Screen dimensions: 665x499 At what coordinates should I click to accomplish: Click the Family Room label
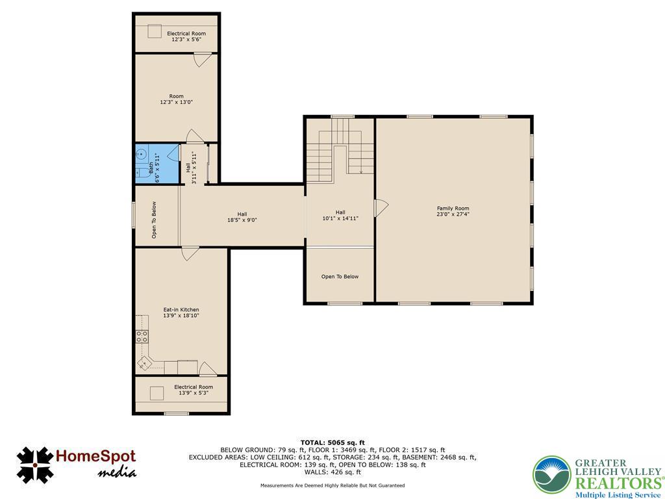[x=453, y=211]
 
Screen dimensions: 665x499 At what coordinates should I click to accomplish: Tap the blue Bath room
[x=157, y=164]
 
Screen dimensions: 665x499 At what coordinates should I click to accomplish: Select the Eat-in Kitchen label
[x=181, y=313]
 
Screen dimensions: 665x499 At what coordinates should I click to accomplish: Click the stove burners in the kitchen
[x=142, y=337]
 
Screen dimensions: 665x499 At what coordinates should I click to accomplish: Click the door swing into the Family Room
[x=381, y=208]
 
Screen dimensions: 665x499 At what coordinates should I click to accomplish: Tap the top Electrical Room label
[x=186, y=36]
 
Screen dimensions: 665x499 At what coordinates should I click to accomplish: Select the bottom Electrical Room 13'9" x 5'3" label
[x=194, y=390]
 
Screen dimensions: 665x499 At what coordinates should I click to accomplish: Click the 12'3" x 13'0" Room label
[x=177, y=99]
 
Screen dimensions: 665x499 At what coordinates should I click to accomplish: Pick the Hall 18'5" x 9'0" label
[x=242, y=217]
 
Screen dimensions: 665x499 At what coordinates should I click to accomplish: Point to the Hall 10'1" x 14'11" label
[x=340, y=216]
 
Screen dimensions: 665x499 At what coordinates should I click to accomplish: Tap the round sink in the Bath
[x=141, y=153]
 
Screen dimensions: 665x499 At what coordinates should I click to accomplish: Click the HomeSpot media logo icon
[x=35, y=465]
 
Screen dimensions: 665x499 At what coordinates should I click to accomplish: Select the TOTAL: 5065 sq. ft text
[x=332, y=442]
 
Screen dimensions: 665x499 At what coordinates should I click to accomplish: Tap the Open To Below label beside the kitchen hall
[x=154, y=220]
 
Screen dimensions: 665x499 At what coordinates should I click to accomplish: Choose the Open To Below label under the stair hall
[x=340, y=277]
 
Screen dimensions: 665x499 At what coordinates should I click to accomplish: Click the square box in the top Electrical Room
[x=155, y=31]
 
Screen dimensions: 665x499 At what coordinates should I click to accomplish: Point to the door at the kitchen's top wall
[x=190, y=253]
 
